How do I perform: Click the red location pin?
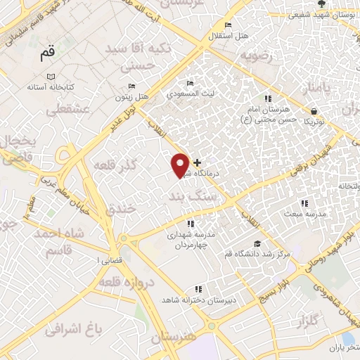[181, 165]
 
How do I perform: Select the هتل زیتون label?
[131, 96]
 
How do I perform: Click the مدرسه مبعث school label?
[302, 212]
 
